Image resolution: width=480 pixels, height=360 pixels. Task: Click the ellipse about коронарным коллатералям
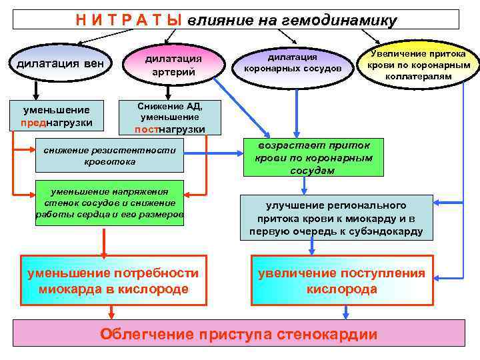click(x=418, y=65)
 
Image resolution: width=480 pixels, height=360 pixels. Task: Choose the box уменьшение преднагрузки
click(x=57, y=116)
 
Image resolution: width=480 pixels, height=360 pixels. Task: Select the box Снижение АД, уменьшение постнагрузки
click(x=169, y=117)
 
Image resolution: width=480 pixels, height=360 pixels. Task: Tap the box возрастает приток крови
click(x=313, y=157)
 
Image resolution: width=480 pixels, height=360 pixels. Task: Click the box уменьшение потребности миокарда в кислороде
click(x=112, y=281)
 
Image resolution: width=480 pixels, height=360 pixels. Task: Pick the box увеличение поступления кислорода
click(x=341, y=281)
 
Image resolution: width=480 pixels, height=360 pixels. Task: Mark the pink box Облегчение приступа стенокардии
click(x=239, y=333)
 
